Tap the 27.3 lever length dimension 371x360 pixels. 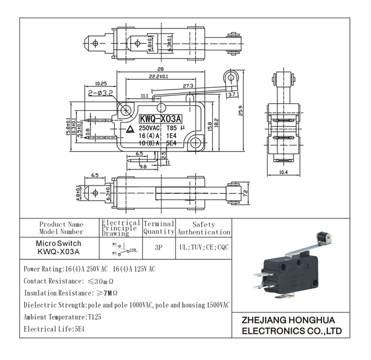pyautogui.click(x=188, y=86)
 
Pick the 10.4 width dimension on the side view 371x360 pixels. pyautogui.click(x=283, y=172)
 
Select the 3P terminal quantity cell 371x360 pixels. pyautogui.click(x=159, y=248)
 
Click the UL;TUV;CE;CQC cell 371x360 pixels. pyautogui.click(x=203, y=248)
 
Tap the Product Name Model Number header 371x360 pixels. pyautogui.click(x=61, y=228)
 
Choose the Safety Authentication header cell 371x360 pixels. pyautogui.click(x=204, y=228)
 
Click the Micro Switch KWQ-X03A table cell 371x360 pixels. pyautogui.click(x=59, y=247)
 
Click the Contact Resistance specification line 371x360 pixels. pyautogui.click(x=68, y=281)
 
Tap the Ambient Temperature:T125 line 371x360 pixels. pyautogui.click(x=62, y=317)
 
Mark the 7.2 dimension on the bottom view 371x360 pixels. pyautogui.click(x=246, y=193)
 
